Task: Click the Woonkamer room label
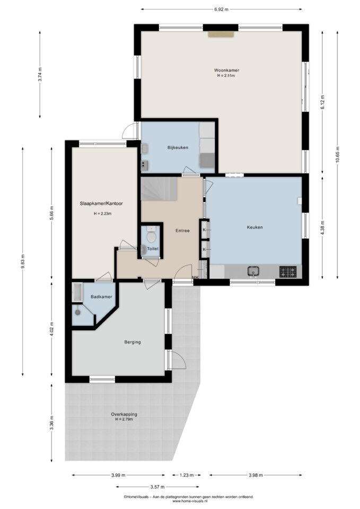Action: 226,70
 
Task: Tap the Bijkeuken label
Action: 178,147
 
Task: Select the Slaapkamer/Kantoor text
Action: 101,204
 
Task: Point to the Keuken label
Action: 254,227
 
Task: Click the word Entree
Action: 182,231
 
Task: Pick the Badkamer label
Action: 101,297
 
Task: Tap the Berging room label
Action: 133,342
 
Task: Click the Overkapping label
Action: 124,414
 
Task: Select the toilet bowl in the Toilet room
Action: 151,235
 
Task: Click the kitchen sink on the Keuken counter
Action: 253,271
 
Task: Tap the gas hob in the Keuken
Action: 288,271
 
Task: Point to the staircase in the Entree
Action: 159,189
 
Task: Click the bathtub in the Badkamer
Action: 77,292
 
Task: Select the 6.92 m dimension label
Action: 221,10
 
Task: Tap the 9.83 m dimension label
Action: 22,261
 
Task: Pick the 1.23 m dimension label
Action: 186,475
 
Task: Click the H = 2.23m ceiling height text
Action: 102,214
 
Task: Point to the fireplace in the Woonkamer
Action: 221,34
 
